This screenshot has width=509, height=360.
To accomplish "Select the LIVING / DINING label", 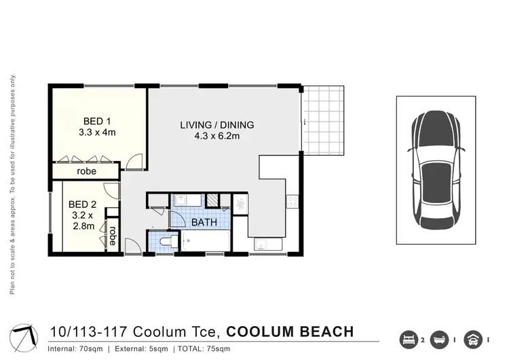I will pos(216,125).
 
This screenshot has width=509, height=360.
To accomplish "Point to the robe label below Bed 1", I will pos(86,172).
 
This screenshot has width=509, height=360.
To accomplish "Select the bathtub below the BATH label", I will pos(204,242).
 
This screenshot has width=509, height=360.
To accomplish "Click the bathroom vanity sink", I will pos(182,200).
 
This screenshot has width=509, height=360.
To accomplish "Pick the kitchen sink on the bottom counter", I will pos(263,244).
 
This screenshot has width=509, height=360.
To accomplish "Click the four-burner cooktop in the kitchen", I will pos(293,202).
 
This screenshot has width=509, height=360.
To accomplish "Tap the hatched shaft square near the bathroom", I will pos(213,200).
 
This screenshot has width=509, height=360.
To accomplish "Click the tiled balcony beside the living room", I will pos(324,121).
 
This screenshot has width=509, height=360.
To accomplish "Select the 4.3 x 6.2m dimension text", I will pos(217,137).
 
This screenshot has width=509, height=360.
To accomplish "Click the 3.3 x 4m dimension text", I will pos(95,132).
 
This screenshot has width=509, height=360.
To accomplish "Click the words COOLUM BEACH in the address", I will pos(290,332).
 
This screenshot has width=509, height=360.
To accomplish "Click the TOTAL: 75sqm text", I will pos(210,349).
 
